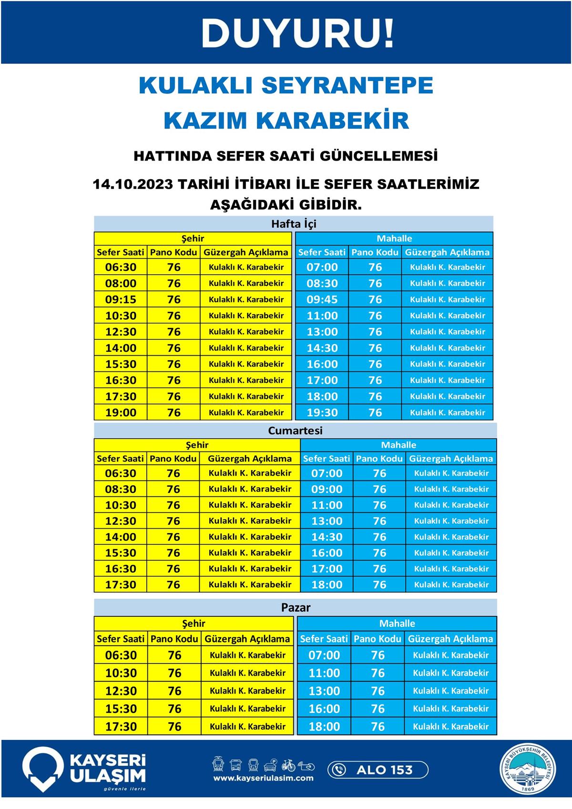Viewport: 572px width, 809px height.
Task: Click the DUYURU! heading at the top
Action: point(298,33)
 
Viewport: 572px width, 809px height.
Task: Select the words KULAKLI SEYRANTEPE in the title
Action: point(286,85)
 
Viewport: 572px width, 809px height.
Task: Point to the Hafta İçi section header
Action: point(294,224)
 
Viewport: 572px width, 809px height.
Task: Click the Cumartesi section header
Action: point(295,430)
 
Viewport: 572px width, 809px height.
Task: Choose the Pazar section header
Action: point(296,607)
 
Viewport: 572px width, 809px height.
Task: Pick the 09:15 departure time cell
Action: point(121,299)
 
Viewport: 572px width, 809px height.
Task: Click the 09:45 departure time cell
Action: point(322,299)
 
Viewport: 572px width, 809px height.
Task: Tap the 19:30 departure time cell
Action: point(322,412)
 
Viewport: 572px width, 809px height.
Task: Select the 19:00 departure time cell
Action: point(121,412)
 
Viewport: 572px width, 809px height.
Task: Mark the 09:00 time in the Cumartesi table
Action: point(327,489)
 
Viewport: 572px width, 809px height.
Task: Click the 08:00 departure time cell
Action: point(121,283)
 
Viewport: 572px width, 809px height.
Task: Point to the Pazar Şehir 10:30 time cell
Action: point(121,673)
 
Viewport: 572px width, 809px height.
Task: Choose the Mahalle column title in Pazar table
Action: point(397,623)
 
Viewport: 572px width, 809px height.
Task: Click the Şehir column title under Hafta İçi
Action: point(193,238)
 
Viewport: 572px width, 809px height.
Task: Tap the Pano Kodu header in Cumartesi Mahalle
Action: point(379,459)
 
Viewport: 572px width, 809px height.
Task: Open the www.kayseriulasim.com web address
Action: point(263,778)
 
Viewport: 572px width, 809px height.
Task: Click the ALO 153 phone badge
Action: point(378,769)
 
